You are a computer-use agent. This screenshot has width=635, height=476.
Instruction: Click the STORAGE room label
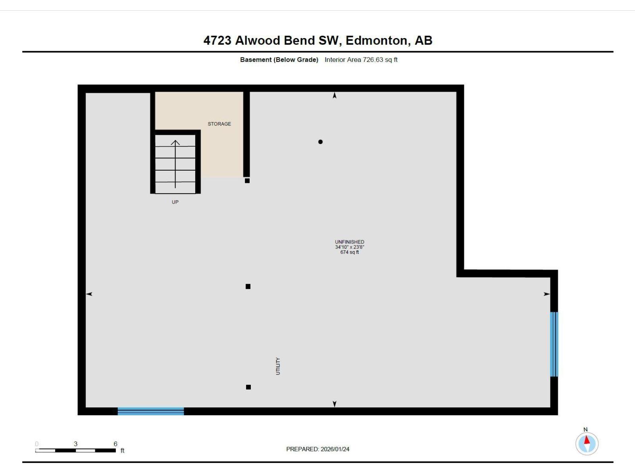pyautogui.click(x=219, y=124)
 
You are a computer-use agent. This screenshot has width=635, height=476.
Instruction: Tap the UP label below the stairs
pyautogui.click(x=175, y=202)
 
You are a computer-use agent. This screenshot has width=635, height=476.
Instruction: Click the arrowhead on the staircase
pyautogui.click(x=175, y=142)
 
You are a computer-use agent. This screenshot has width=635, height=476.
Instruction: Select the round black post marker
pyautogui.click(x=320, y=142)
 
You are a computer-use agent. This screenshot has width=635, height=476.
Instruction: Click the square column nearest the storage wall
pyautogui.click(x=247, y=180)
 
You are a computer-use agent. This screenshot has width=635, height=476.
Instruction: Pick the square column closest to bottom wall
pyautogui.click(x=248, y=387)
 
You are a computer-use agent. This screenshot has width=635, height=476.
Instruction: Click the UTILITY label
pyautogui.click(x=278, y=366)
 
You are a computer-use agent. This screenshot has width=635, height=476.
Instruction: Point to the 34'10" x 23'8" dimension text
pyautogui.click(x=349, y=247)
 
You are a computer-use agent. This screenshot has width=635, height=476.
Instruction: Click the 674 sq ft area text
pyautogui.click(x=349, y=252)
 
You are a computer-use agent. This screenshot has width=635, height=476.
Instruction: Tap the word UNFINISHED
pyautogui.click(x=349, y=242)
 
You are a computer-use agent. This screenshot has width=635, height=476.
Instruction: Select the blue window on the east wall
pyautogui.click(x=554, y=344)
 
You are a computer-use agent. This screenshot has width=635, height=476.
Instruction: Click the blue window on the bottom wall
pyautogui.click(x=151, y=411)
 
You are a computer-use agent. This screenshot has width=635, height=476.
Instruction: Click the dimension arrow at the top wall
pyautogui.click(x=335, y=96)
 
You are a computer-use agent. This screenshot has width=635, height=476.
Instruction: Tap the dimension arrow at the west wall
pyautogui.click(x=89, y=294)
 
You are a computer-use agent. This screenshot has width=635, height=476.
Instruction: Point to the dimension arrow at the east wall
pyautogui.click(x=546, y=294)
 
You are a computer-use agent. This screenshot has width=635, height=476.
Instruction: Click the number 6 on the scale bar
pyautogui.click(x=115, y=444)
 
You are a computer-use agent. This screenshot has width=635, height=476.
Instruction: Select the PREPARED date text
pyautogui.click(x=317, y=449)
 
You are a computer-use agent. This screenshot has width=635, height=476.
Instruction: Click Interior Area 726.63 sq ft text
pyautogui.click(x=361, y=59)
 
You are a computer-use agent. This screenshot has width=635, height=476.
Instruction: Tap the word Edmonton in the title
pyautogui.click(x=376, y=40)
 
